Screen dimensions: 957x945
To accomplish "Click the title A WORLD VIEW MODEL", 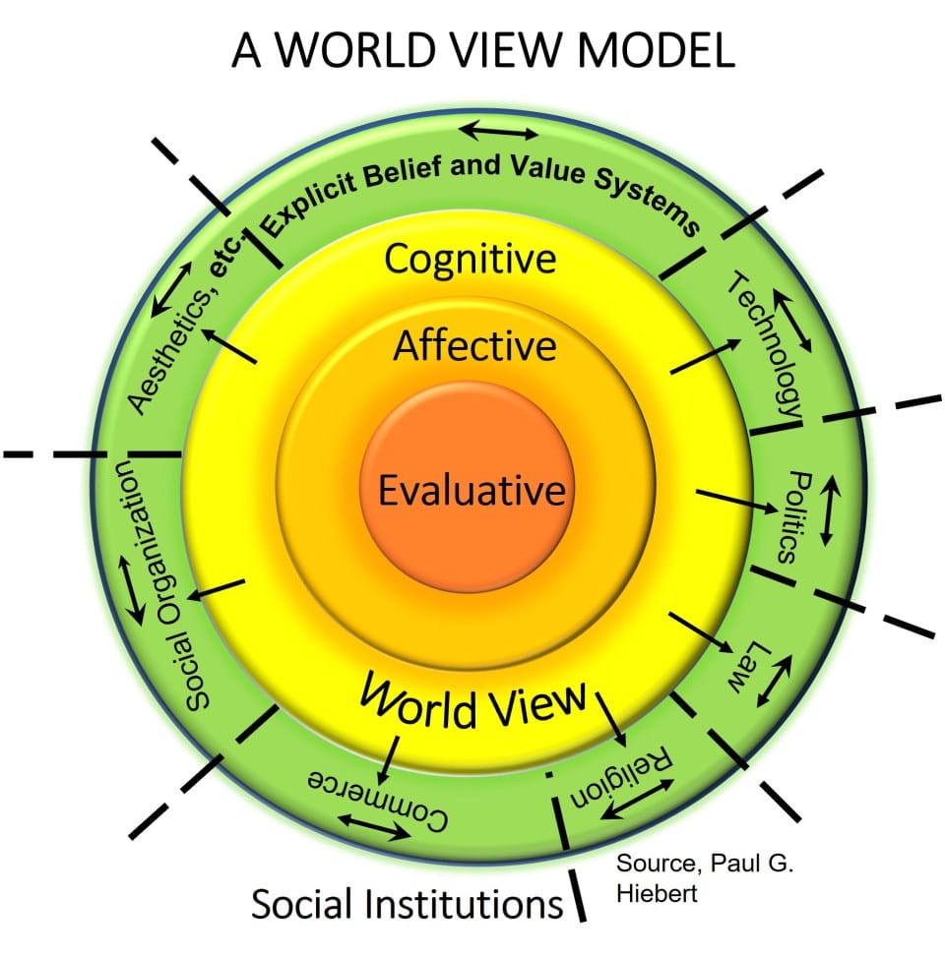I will tap(482, 50).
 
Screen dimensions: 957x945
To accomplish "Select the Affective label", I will tap(474, 346).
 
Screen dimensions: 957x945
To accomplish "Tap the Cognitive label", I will tap(471, 260).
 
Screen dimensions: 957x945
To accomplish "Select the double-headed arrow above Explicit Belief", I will tap(500, 131).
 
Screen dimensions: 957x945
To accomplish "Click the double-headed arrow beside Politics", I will tap(828, 510).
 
